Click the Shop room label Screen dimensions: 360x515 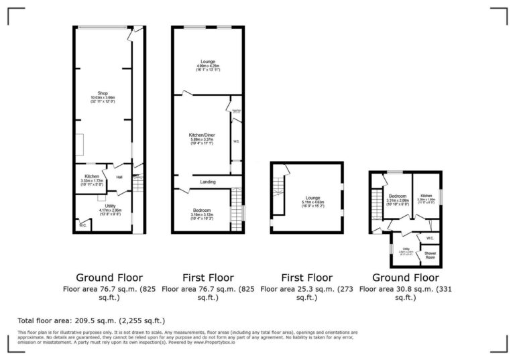click(x=103, y=95)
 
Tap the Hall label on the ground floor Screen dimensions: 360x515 click(x=119, y=177)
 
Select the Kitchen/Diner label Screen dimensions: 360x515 click(x=201, y=135)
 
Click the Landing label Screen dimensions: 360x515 click(x=207, y=182)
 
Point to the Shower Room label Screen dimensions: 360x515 click(x=430, y=255)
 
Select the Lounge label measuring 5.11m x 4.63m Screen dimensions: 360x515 click(x=313, y=198)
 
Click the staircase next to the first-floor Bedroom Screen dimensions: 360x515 click(x=235, y=210)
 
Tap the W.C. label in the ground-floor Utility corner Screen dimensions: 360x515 click(x=82, y=225)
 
